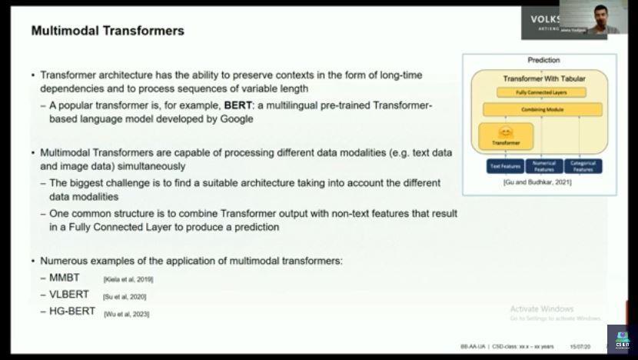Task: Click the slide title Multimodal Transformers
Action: pos(107,32)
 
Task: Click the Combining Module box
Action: pos(543,111)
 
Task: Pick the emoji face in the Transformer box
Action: pos(505,132)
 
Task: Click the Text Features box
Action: pos(505,165)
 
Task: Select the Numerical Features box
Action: pos(544,165)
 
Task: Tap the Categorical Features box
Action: pos(582,165)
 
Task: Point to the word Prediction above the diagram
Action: pos(543,60)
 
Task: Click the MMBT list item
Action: pos(65,278)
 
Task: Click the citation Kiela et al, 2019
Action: pos(128,279)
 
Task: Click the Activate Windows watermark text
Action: pos(546,309)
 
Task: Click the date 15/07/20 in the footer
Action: pos(580,347)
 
